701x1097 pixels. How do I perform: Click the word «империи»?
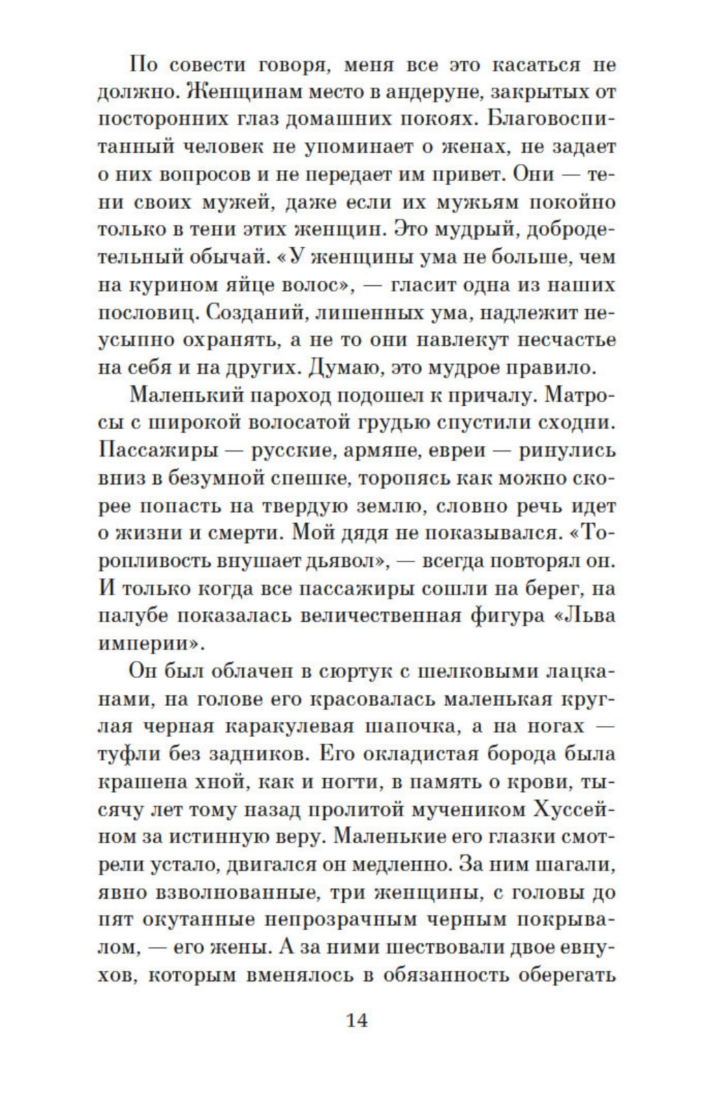point(149,643)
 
